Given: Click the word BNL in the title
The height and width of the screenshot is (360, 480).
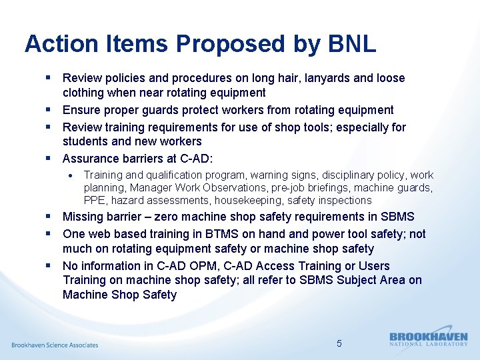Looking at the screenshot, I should (x=353, y=44).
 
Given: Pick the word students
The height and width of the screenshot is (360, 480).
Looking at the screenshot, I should (x=85, y=141).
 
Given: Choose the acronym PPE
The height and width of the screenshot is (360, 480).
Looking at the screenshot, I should (x=95, y=200).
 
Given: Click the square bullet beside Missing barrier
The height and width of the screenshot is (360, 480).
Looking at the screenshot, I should (x=51, y=217).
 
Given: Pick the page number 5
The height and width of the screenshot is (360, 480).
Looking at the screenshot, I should (x=339, y=343).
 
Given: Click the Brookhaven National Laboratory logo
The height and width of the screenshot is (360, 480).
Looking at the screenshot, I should (x=428, y=339).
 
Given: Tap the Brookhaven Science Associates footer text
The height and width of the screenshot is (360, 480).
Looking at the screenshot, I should (x=55, y=345).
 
